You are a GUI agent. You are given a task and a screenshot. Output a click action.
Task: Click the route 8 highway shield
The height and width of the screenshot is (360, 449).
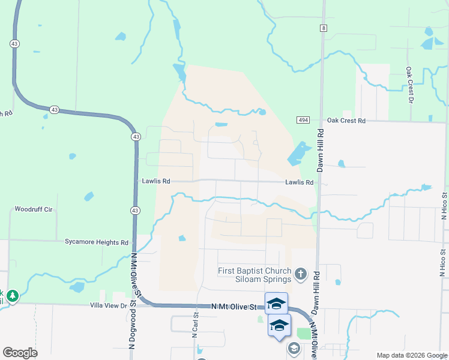coord(324,28)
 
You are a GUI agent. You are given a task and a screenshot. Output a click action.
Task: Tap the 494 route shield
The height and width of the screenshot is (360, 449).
coord(303,121)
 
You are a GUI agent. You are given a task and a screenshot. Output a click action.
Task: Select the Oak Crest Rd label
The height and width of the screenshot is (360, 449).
coord(346,121)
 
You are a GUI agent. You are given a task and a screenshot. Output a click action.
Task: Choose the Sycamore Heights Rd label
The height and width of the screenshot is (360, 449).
coord(97,242)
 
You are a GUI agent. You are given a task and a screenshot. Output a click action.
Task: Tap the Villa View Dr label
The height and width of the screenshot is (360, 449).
coord(109,305)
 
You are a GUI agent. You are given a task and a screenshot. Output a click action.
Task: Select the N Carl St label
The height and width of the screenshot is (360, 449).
coord(195,325)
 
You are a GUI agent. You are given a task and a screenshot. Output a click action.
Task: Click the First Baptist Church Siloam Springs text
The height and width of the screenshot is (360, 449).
coord(255,275)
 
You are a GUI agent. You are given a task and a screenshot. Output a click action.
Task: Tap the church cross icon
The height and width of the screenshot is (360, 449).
coord(301,275)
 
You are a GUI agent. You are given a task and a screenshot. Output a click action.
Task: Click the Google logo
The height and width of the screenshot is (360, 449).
coord(20,353)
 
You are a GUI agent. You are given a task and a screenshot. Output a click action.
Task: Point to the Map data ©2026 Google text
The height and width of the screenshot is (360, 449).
coord(411,355)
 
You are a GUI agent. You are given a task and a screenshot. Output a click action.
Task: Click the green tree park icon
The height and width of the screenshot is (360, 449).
coord(12,296)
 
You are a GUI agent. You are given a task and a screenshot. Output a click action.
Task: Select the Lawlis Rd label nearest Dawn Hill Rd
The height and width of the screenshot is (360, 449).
coord(300,182)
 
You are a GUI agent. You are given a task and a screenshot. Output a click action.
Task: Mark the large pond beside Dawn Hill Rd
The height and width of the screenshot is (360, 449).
coord(298,154)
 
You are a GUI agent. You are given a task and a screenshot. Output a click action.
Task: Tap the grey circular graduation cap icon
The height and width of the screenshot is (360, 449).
coord(294,348)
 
